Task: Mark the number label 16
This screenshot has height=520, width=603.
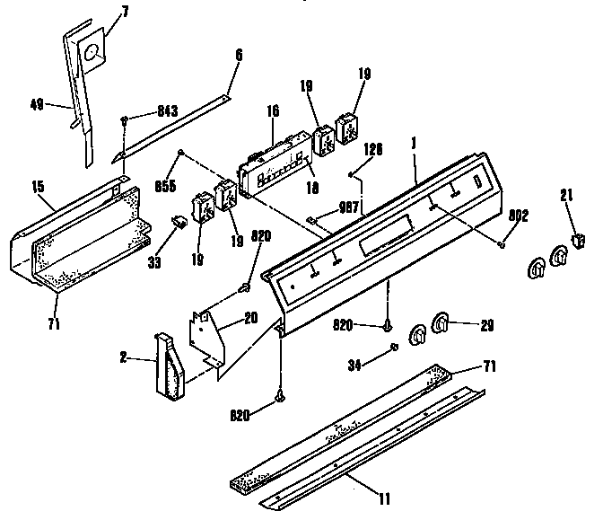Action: (272, 110)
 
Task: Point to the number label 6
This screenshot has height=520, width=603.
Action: (238, 55)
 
